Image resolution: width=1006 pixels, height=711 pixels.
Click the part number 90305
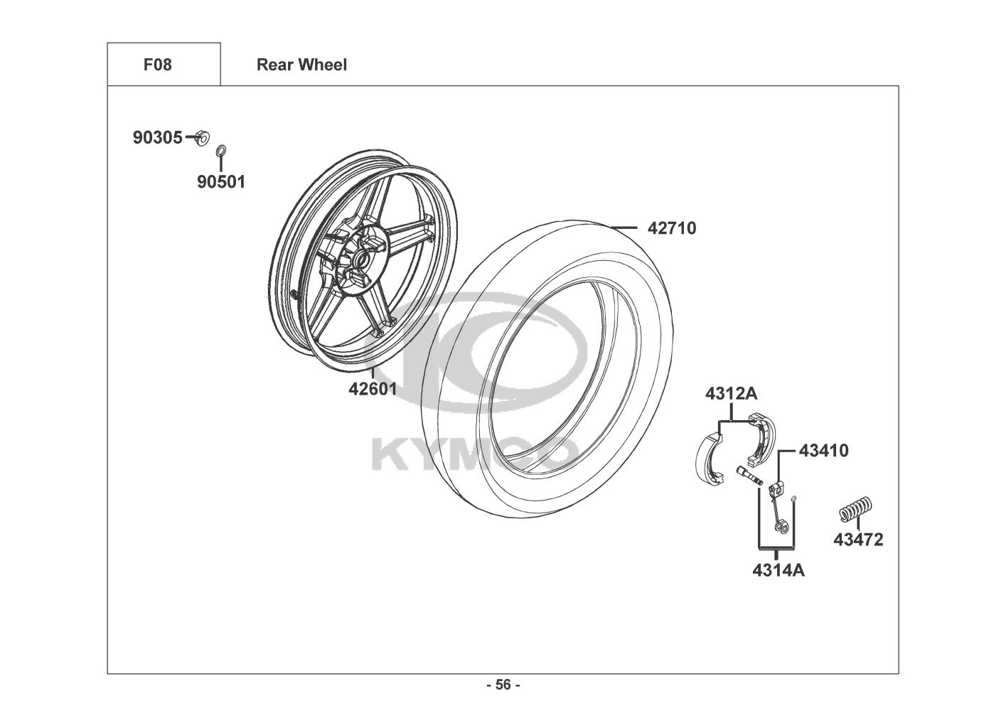click(158, 138)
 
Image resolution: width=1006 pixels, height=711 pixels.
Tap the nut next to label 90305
click(203, 137)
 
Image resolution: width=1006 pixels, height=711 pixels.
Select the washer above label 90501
click(221, 151)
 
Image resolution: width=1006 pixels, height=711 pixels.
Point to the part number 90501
click(221, 182)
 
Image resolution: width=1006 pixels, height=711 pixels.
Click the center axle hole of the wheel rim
click(360, 260)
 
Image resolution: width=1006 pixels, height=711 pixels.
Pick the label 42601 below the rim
click(373, 389)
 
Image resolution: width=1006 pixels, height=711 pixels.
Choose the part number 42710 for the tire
click(672, 229)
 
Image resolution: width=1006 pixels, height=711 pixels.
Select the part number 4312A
click(731, 394)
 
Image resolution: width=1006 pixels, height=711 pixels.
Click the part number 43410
click(824, 451)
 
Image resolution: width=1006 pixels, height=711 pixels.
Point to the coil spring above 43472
click(856, 509)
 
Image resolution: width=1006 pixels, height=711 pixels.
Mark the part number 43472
click(858, 540)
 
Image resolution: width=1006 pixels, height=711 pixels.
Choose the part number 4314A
click(778, 571)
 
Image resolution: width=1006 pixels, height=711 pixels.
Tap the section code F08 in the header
click(158, 65)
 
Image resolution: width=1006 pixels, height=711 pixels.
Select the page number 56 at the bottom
click(503, 685)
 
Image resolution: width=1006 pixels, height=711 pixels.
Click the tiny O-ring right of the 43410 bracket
click(794, 498)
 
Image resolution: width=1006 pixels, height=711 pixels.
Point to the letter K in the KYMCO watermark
click(388, 456)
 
